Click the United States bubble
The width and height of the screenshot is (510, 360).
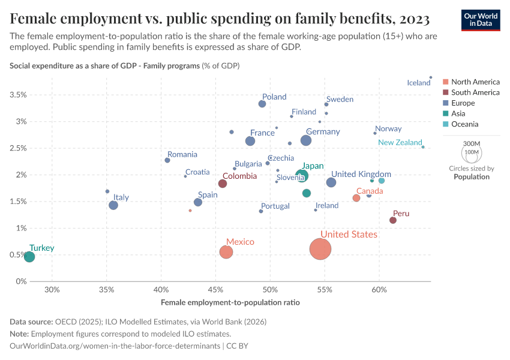click(x=321, y=249)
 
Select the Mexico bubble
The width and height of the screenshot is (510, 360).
click(x=226, y=252)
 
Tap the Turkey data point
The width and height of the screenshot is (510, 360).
click(x=29, y=257)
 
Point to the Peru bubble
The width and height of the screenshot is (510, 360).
click(x=393, y=220)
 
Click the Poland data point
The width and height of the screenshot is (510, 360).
click(x=262, y=104)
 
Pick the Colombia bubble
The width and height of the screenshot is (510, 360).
click(x=223, y=184)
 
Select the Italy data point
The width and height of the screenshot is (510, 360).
click(x=113, y=205)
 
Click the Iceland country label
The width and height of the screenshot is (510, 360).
click(x=419, y=83)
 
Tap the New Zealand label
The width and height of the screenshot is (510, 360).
click(x=400, y=143)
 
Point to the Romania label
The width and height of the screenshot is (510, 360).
click(x=182, y=155)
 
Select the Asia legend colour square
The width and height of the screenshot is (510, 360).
click(x=445, y=114)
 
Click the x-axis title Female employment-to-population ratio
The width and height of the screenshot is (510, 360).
click(x=230, y=302)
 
